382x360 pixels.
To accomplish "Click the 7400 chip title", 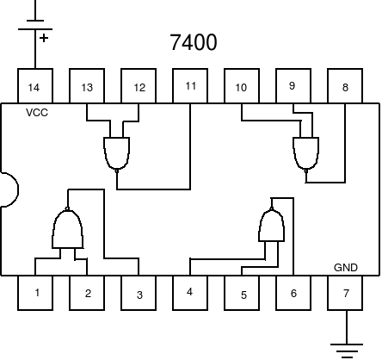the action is pos(194,42).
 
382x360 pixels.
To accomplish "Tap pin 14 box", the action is pos(35,86).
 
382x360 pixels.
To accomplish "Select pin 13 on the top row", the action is pos(87,86).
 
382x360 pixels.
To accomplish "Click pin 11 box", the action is pos(190,86).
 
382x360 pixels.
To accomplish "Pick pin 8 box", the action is pos(345,86).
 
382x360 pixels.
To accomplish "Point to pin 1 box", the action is pos(35,293).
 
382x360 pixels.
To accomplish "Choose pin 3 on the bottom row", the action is pos(139,293).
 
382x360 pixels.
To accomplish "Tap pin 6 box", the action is pos(293,293).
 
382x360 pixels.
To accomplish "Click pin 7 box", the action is pos(345,293).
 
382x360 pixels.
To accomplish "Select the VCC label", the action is pos(37,113).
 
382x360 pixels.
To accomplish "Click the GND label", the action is pos(346,268).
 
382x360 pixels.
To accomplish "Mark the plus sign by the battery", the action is pos(44,38).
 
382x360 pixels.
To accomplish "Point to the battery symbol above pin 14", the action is pos(35,25).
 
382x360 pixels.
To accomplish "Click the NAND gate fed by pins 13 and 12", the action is pos(117,154).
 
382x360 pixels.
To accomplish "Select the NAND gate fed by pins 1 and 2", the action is pos(68,228).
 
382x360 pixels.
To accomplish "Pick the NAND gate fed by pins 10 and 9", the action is pos(306,154).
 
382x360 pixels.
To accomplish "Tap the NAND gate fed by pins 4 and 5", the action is pos(272,225).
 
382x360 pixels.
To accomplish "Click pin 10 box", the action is pos(242,86).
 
